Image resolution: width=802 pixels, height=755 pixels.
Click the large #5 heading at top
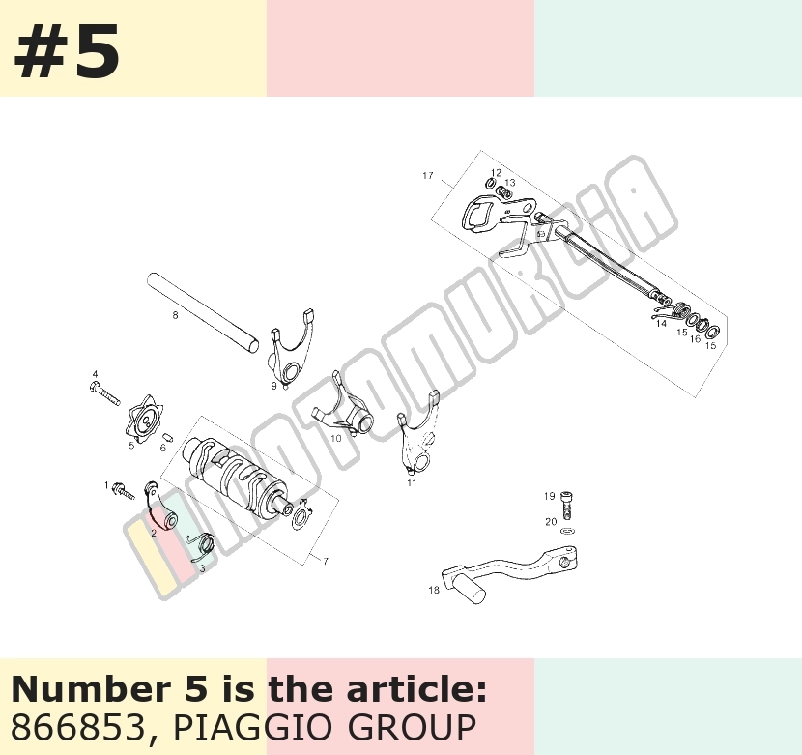pos(67,52)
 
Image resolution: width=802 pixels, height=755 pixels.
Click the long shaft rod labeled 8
pos(203,313)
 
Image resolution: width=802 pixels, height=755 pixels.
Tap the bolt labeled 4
pos(104,393)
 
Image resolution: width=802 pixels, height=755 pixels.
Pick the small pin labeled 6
pos(167,438)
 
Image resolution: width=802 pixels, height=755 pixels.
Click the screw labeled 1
pos(123,490)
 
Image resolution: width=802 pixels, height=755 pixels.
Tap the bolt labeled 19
pos(566,505)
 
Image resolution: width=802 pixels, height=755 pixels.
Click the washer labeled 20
pos(567,531)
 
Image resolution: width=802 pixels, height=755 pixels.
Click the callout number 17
pos(428,176)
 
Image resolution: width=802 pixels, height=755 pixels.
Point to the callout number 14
pos(661,324)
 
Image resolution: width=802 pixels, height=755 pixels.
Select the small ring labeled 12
pos(490,184)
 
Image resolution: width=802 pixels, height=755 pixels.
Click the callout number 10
pos(335,438)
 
